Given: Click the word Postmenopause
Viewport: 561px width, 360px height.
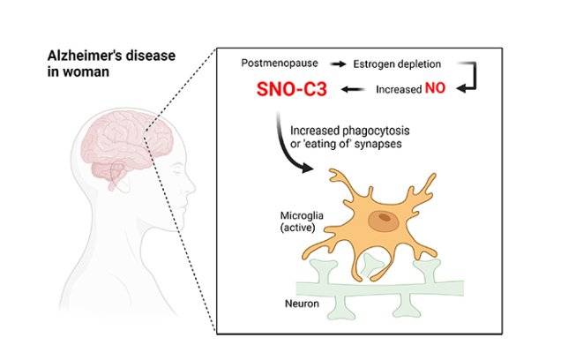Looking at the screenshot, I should click(x=276, y=64).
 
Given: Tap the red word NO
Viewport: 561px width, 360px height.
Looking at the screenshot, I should click(x=436, y=89).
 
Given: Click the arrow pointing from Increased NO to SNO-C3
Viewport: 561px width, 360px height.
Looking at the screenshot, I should click(x=354, y=89).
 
